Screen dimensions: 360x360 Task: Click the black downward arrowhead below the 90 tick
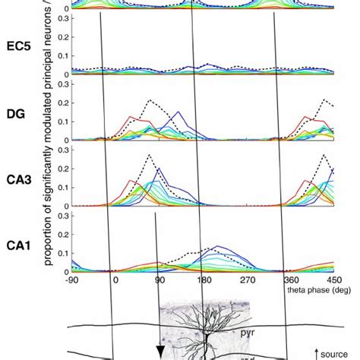(160, 350)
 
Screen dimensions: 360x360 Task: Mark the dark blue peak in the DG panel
(178, 112)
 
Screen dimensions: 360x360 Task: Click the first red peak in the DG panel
(131, 117)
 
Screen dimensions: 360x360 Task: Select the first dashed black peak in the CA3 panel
(150, 156)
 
